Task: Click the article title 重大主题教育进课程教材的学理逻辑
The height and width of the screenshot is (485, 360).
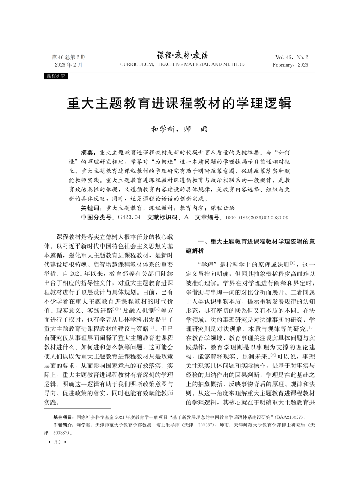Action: tap(180, 104)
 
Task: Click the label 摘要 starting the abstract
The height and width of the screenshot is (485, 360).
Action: tap(88, 153)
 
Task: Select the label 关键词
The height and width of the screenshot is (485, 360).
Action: tap(91, 209)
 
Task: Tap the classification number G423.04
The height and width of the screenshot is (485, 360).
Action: tap(129, 218)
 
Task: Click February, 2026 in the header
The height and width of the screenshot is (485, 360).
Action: tap(290, 65)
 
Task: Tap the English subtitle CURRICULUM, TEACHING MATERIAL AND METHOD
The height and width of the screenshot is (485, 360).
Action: tap(182, 65)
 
